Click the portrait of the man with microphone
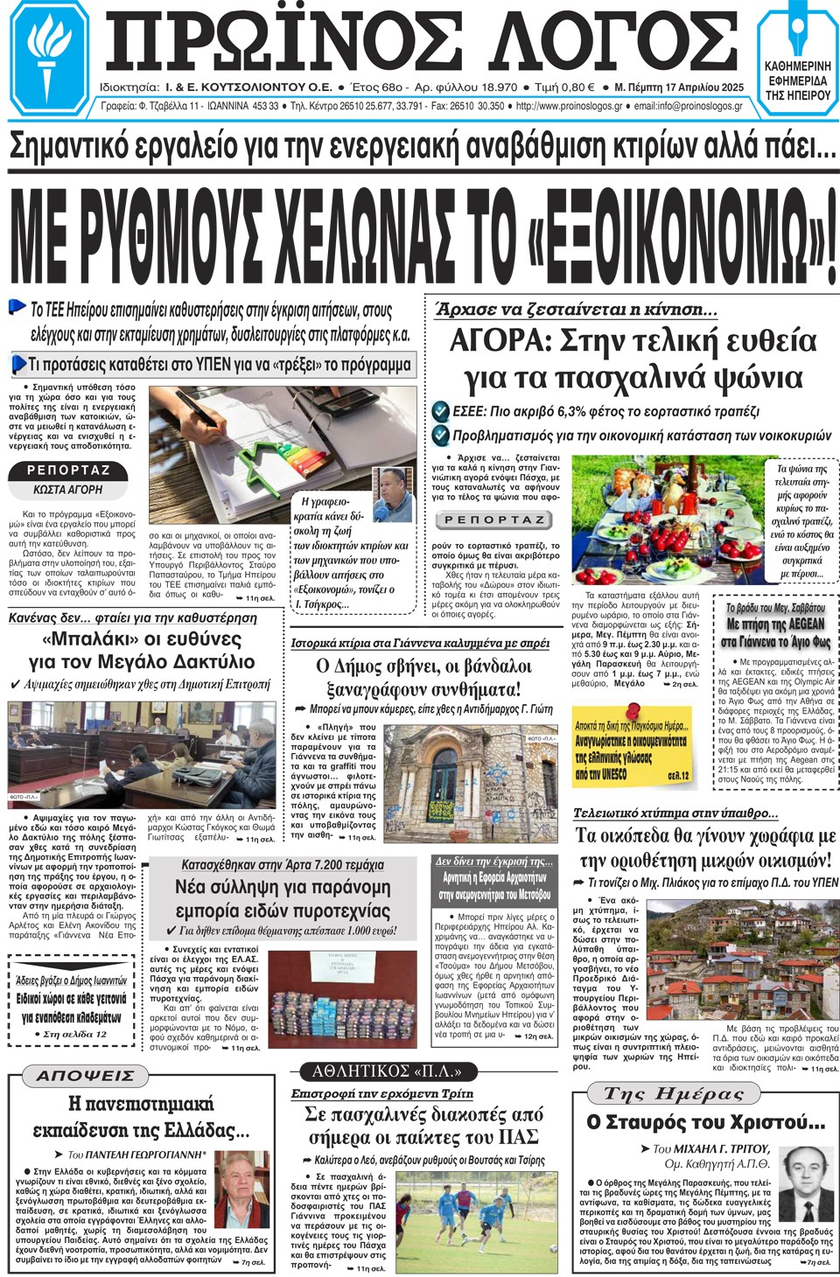point(393,494)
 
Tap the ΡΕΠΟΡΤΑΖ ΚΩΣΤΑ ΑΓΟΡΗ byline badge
point(68,479)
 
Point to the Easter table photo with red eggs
point(669,520)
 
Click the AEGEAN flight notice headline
point(775,625)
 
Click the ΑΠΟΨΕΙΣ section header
point(85,1075)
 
